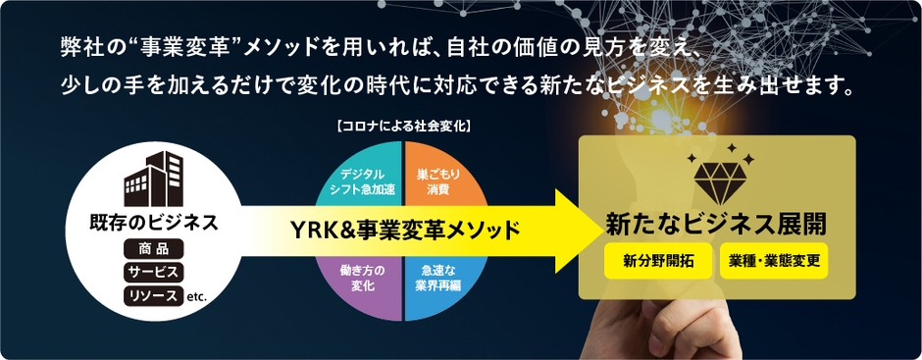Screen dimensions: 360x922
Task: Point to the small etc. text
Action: pyautogui.click(x=195, y=297)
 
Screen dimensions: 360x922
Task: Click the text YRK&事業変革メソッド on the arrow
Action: pyautogui.click(x=405, y=229)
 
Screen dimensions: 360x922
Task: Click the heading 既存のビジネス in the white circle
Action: pyautogui.click(x=147, y=222)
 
